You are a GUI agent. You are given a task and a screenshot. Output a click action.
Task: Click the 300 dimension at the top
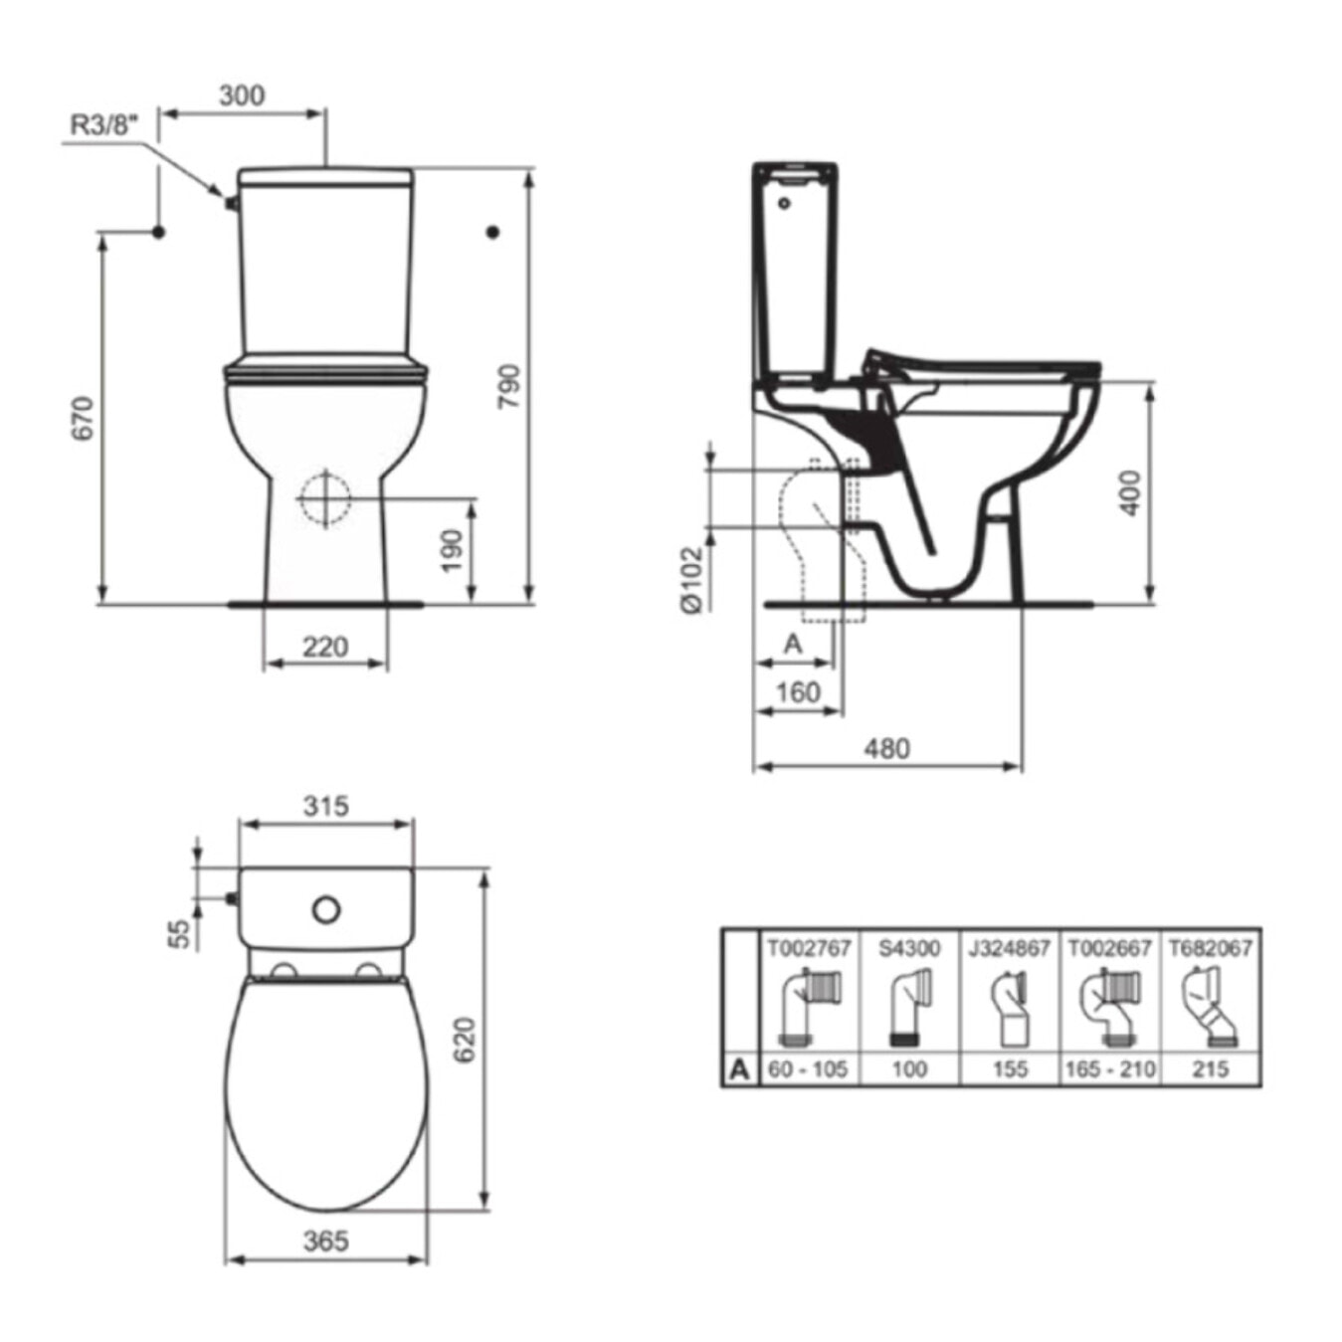click(x=242, y=96)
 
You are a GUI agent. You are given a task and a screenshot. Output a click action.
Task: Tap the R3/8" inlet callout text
click(x=104, y=126)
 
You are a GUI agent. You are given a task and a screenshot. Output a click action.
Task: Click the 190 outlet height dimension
click(x=454, y=550)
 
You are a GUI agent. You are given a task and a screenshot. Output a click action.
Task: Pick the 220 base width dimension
click(x=325, y=647)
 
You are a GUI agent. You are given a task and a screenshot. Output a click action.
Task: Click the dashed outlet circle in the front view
click(x=324, y=498)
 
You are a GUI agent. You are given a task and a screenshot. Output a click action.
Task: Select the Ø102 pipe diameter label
click(x=692, y=579)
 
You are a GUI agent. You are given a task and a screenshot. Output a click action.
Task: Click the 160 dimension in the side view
click(x=798, y=692)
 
